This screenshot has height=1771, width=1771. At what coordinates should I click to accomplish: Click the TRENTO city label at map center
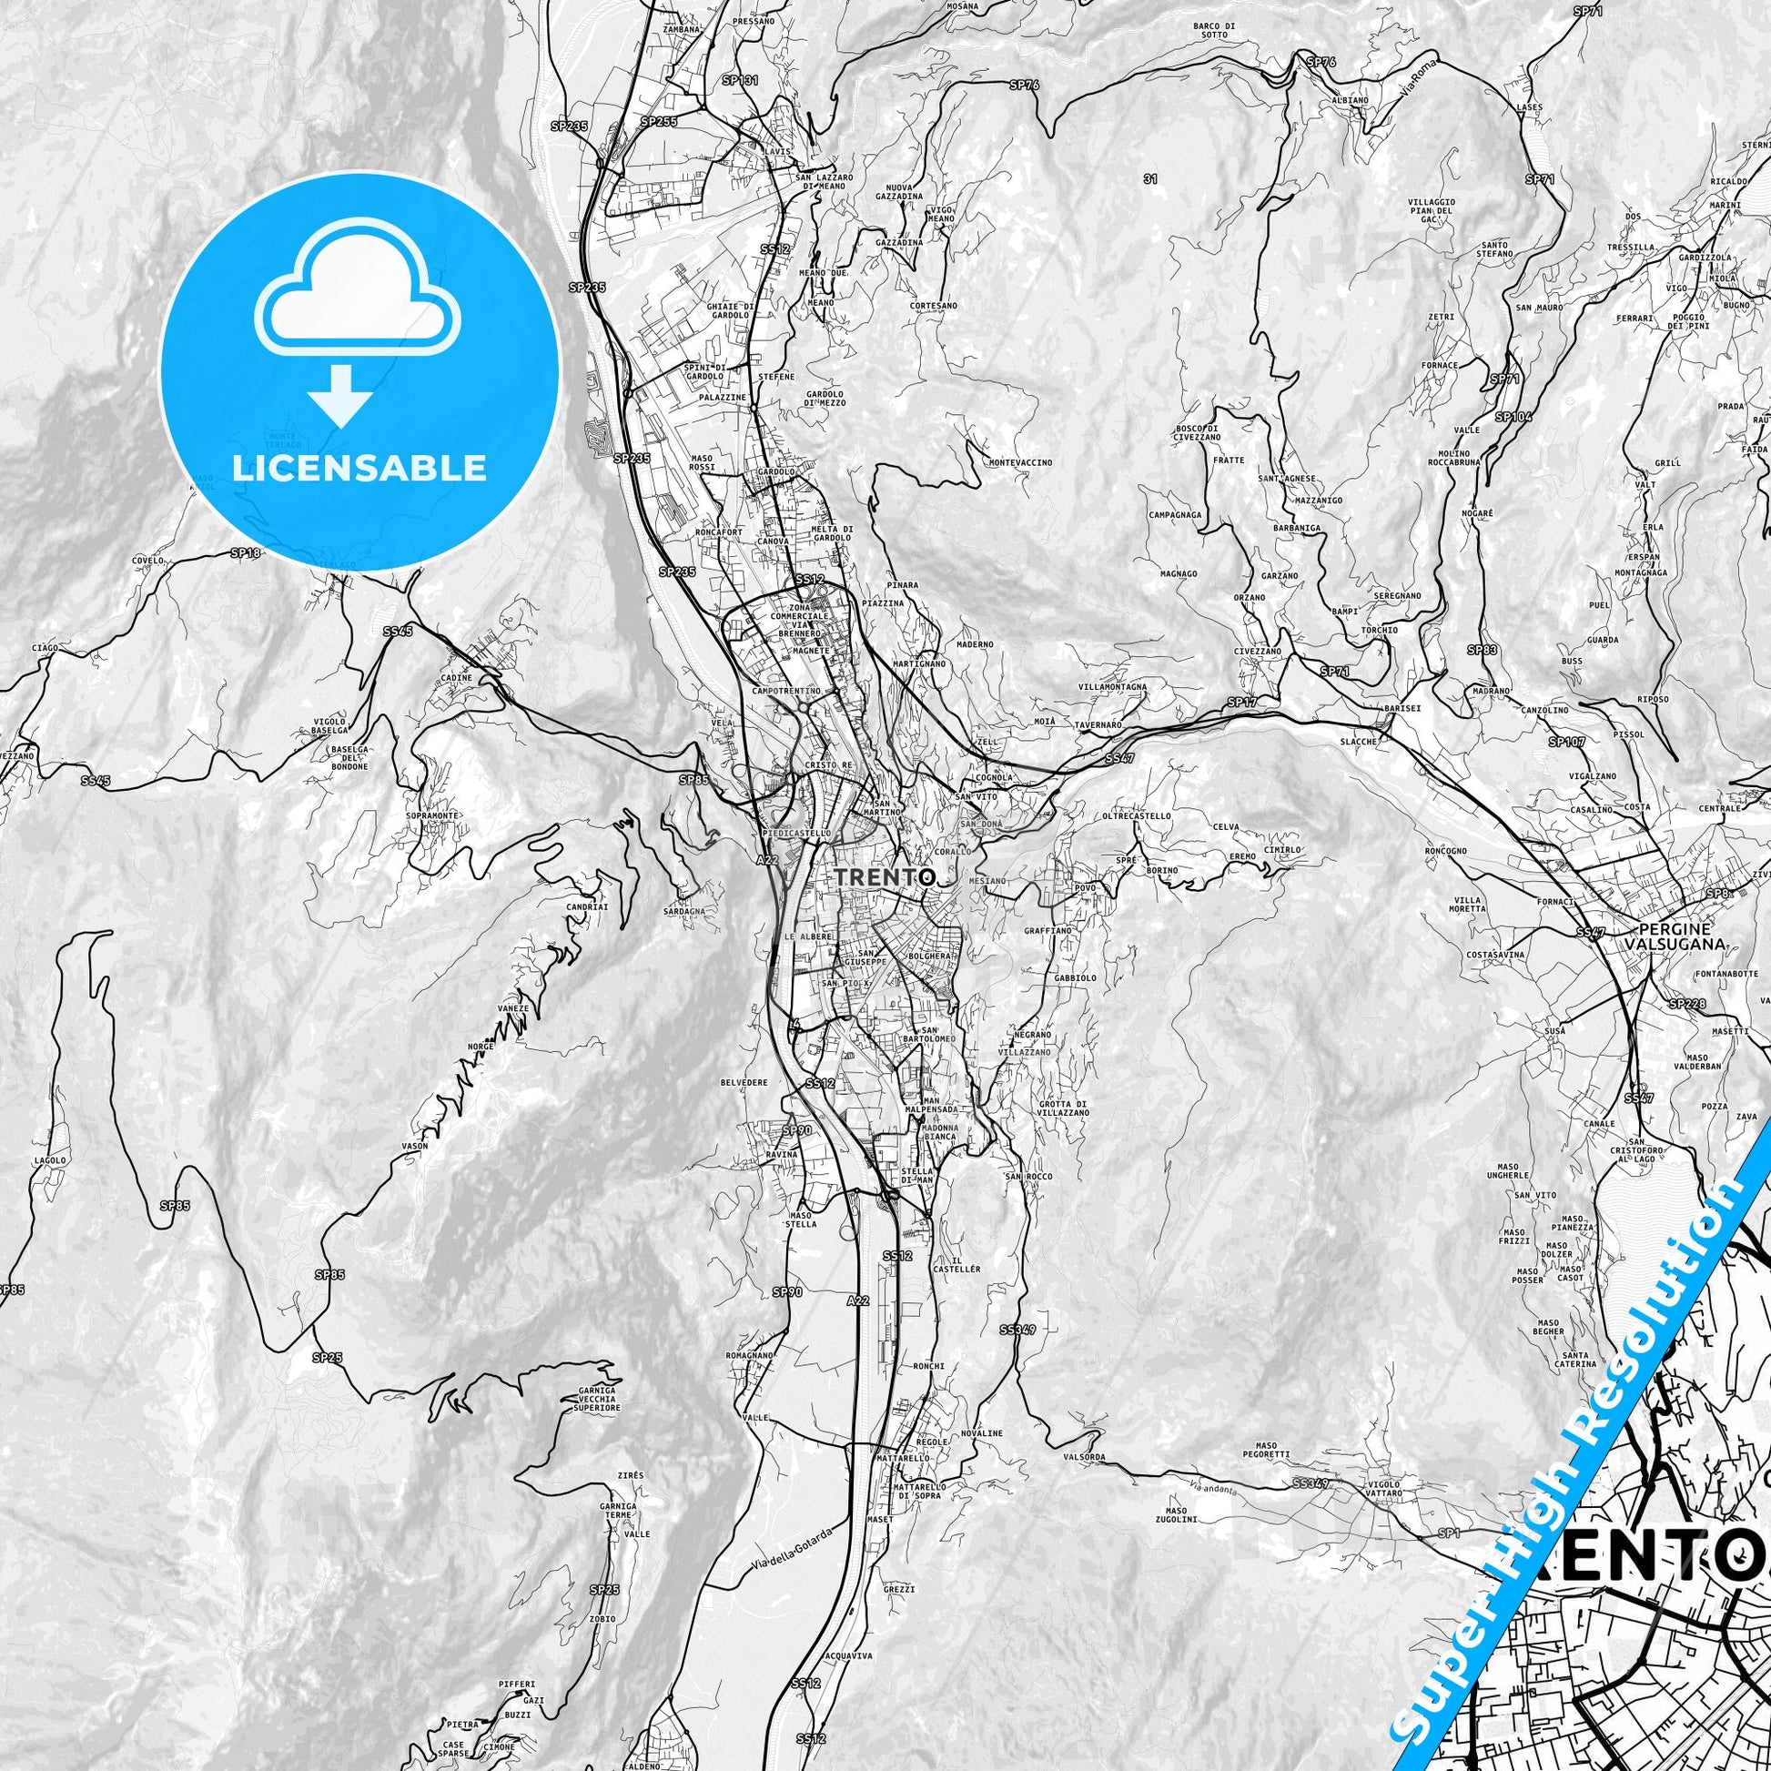click(885, 876)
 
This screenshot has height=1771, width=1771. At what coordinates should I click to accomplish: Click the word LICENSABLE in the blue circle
click(359, 469)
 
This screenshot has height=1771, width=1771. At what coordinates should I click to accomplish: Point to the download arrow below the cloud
click(340, 395)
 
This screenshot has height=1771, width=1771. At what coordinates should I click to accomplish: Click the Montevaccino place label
click(1020, 463)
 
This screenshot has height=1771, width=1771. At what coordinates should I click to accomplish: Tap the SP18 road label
click(246, 552)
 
